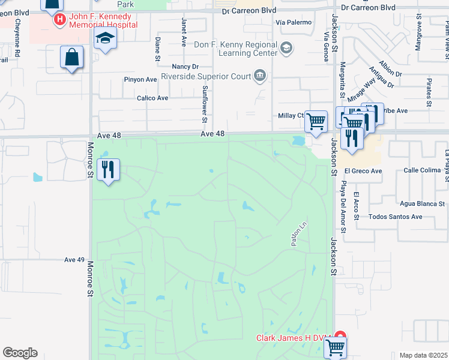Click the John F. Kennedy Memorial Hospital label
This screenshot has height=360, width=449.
coord(103,20)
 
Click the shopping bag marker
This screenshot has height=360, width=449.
coord(71,58)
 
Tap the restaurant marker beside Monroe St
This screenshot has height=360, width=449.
coord(108,170)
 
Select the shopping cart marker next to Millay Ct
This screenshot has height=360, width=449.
coord(316,122)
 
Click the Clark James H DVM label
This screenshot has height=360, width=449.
coord(294,338)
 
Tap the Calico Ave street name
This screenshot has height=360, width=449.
coord(152,98)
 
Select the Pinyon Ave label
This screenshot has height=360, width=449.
coord(140,79)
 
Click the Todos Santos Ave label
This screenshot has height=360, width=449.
coord(396,217)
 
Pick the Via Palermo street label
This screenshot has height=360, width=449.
coord(294,22)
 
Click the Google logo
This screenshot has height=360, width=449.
coord(20,353)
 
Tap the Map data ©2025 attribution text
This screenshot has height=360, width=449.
coord(423,355)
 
